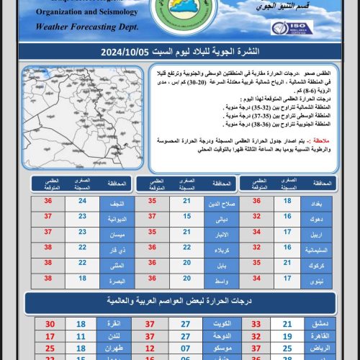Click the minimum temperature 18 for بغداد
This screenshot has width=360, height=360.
click(287, 203)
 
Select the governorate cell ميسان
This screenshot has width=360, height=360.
click(117, 233)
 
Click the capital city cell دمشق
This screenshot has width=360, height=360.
click(320, 325)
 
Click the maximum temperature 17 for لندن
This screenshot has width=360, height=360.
click(50, 336)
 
